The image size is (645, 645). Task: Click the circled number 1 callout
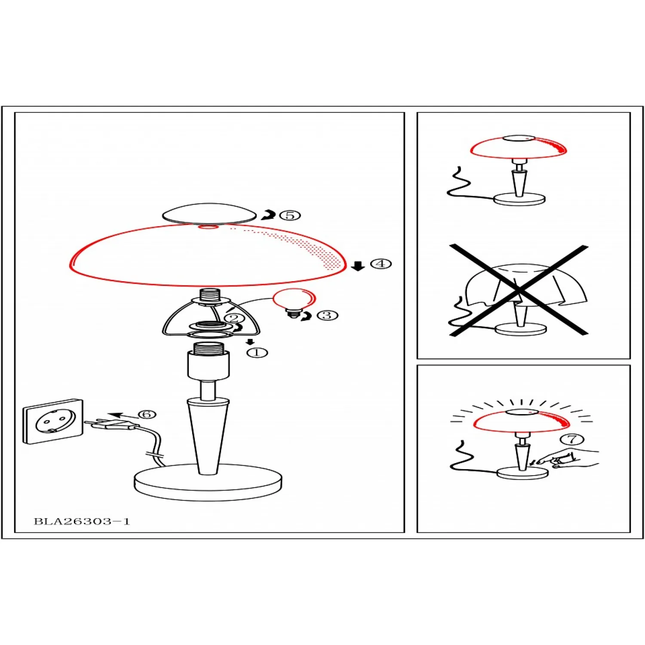(x=257, y=353)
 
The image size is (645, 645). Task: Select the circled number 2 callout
(x=234, y=319)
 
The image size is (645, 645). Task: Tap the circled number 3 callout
(x=327, y=315)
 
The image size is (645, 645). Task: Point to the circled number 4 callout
(x=381, y=264)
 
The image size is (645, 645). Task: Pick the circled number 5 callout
(x=290, y=215)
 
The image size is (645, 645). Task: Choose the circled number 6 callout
(x=147, y=414)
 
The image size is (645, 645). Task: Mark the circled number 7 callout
(x=572, y=439)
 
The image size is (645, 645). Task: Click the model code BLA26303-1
(x=82, y=522)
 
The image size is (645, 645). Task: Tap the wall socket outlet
(x=53, y=421)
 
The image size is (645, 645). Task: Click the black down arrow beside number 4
(x=358, y=266)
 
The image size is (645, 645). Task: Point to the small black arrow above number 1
(x=250, y=342)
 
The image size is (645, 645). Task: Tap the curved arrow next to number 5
(x=268, y=215)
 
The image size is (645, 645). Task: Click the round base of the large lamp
(x=208, y=482)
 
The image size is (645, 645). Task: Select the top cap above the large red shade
(x=209, y=213)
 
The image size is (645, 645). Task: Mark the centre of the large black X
(x=519, y=290)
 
